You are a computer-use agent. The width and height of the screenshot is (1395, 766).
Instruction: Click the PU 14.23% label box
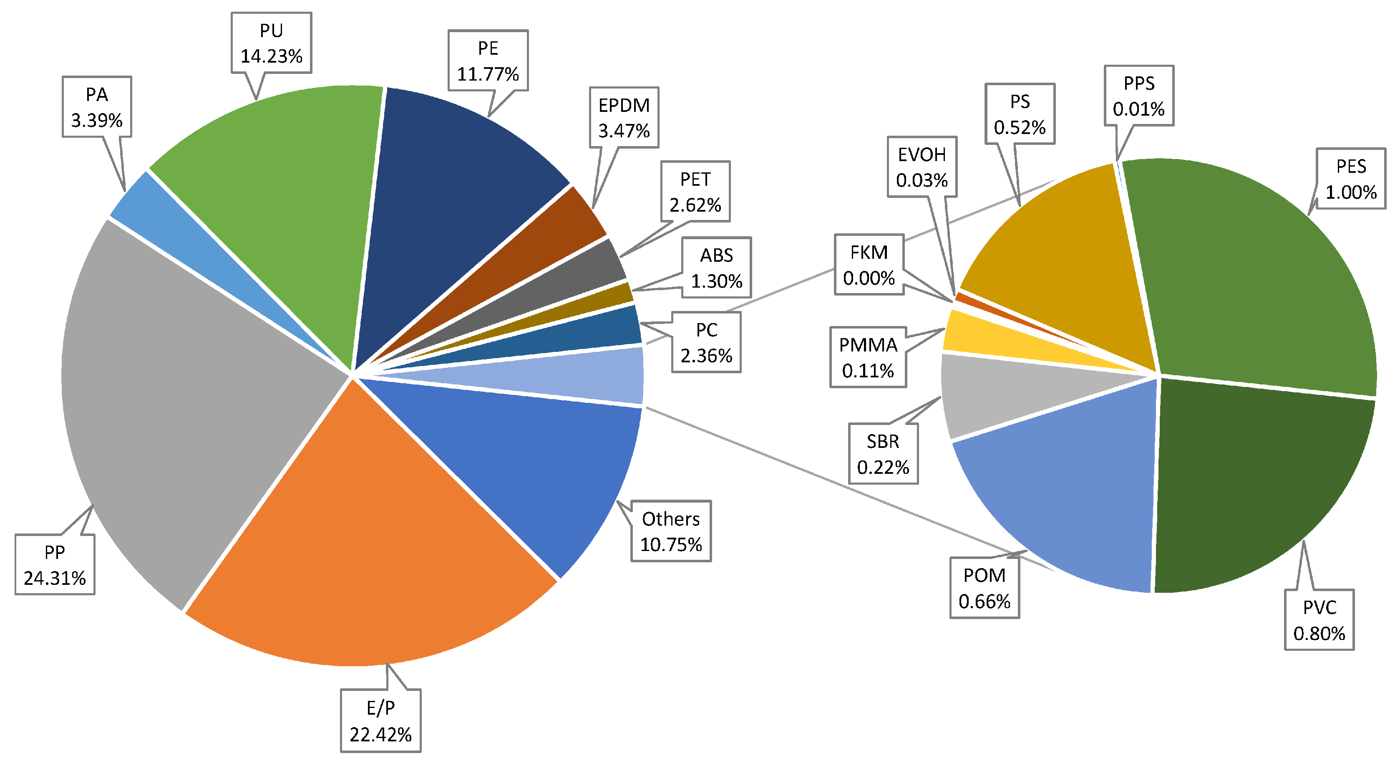[271, 43]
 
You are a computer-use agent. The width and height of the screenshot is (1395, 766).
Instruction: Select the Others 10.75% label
[670, 531]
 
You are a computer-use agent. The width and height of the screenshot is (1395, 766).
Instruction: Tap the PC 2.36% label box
[706, 342]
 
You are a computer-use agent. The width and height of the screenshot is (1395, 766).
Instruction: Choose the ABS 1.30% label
[716, 268]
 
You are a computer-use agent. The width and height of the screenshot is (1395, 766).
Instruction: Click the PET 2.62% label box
[695, 192]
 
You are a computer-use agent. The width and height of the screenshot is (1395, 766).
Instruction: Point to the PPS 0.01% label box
[1139, 96]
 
